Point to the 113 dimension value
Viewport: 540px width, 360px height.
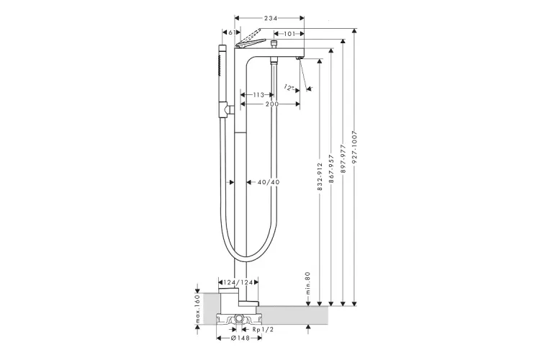point(257,94)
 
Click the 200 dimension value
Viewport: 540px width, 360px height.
point(271,105)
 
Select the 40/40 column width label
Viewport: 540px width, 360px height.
point(268,182)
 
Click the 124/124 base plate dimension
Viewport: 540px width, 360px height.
point(238,282)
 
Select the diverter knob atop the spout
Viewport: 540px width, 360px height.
point(274,48)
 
